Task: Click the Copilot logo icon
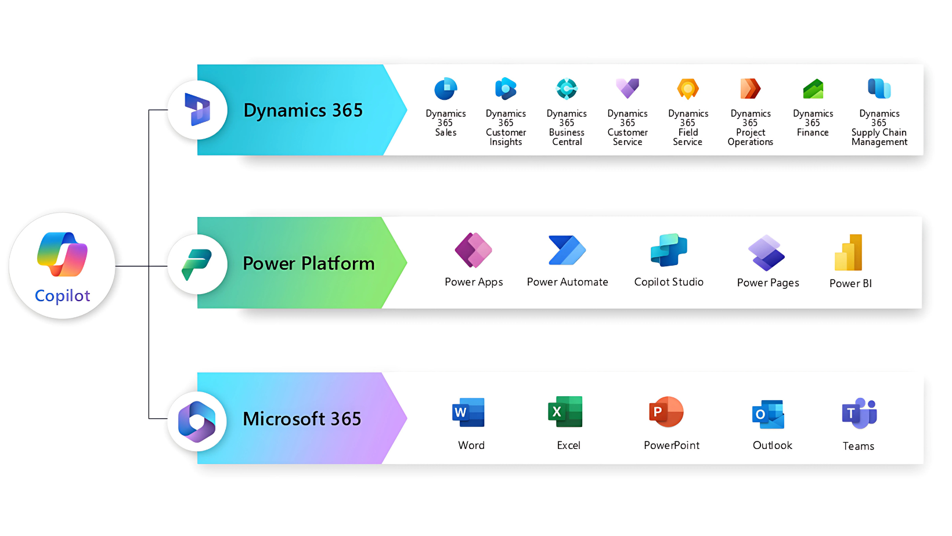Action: tap(62, 254)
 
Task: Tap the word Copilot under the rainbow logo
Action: tap(62, 296)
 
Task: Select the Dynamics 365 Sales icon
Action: tap(446, 89)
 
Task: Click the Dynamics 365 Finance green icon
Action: tap(813, 89)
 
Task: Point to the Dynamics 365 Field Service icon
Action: tap(688, 89)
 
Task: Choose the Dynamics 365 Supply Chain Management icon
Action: tap(879, 88)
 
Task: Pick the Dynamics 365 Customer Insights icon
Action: tap(506, 89)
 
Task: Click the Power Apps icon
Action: tap(473, 250)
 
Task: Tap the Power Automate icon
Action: tap(567, 250)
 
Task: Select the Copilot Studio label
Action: tap(669, 282)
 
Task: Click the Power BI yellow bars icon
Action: tap(849, 252)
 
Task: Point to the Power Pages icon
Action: tap(766, 252)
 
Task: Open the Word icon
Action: tap(468, 412)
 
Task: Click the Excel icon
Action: tap(565, 412)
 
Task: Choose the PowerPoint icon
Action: tap(666, 412)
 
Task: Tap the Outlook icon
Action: tap(769, 414)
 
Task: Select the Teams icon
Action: tap(859, 414)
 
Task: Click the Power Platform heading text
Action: tap(308, 263)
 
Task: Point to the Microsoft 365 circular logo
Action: tap(197, 422)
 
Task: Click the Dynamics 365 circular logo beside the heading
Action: tap(197, 110)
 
